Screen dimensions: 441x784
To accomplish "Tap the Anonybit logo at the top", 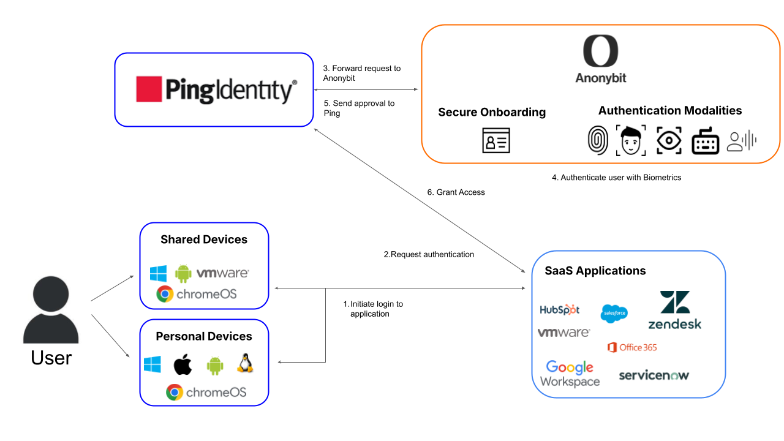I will pos(600,59).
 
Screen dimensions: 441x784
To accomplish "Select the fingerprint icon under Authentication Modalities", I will pos(597,140).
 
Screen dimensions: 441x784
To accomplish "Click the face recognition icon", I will pos(631,140).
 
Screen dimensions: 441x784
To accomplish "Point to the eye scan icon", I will pos(669,140).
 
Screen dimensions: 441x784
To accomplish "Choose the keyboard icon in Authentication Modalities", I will pos(705,141).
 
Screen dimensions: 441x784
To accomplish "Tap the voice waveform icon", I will pos(742,141).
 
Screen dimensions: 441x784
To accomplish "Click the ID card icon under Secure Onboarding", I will pos(496,141).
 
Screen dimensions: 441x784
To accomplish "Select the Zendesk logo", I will pos(674,310).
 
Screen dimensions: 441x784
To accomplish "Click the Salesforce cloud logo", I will pos(614,313).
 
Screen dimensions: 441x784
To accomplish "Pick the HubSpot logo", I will pos(559,309).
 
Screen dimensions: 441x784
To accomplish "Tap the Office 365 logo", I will pos(632,347).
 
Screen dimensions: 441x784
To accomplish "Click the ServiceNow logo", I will pos(654,375).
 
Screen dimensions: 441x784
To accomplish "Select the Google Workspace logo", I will pos(570,374).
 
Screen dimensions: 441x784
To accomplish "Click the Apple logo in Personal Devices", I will pos(183,364).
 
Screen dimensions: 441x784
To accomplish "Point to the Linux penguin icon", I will pos(245,364).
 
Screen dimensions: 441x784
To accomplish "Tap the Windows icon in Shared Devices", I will pos(159,273).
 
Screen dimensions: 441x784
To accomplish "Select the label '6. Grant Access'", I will pos(456,192).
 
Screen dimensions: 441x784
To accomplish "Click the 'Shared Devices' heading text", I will pos(204,239).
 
